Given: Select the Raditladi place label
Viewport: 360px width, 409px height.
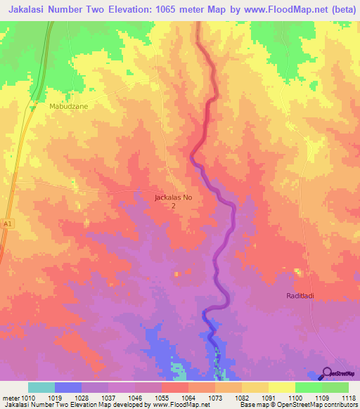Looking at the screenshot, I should click(302, 296).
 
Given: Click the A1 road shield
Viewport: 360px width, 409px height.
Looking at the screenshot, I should click(7, 223).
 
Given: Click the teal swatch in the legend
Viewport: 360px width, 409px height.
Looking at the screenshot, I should click(41, 387).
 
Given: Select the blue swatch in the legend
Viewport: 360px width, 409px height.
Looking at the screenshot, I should click(68, 387).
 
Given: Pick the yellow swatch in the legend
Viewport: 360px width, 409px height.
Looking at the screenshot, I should click(281, 387).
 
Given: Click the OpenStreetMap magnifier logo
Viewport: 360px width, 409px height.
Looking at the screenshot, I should click(327, 374).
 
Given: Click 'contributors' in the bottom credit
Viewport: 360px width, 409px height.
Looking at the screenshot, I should click(337, 405).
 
